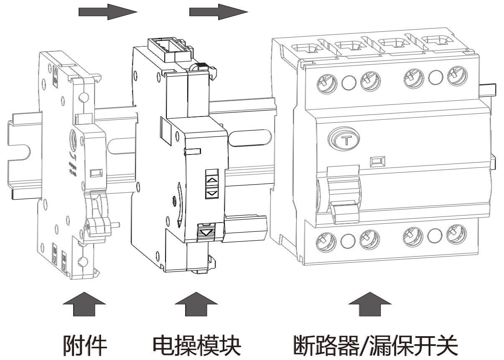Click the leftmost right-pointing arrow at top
tap(108, 12)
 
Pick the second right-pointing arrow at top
tap(219, 12)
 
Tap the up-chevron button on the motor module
tap(213, 179)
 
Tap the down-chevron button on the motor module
tap(213, 193)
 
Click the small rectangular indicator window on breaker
tap(378, 160)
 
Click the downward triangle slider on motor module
tap(207, 231)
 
